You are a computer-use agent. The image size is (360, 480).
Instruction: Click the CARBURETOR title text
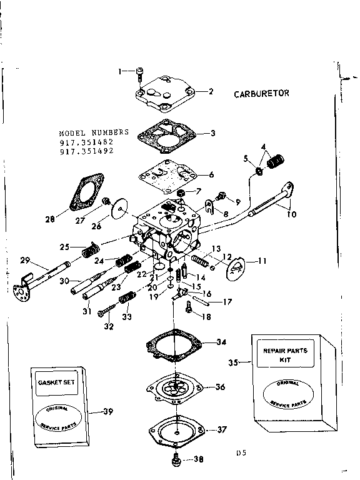tap(262, 94)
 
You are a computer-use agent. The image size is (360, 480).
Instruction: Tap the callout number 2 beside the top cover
tap(211, 91)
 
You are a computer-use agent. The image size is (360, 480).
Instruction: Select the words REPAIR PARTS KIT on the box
tap(285, 355)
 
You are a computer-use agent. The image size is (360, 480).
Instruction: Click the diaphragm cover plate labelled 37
tap(174, 431)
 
